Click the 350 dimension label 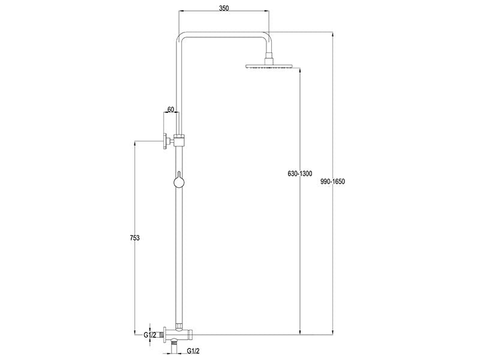pos(223,9)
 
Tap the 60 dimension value pos(170,109)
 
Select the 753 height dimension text pos(134,238)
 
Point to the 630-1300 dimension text pos(300,174)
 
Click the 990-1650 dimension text pos(333,181)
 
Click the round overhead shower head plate pos(269,65)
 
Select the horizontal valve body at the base pos(180,334)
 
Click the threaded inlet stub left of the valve pos(163,334)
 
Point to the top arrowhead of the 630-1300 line pos(300,69)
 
